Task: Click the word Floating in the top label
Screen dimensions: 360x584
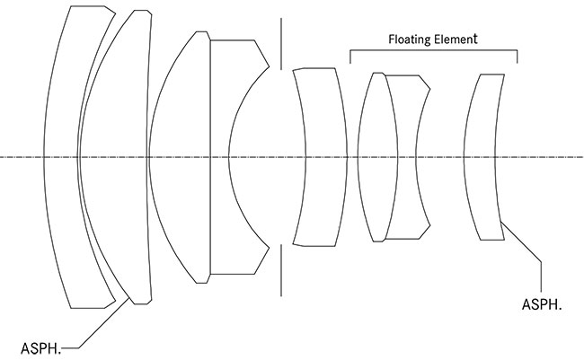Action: [x=410, y=40]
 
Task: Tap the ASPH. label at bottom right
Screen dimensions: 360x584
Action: [x=542, y=305]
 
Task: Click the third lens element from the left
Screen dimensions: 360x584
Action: [x=180, y=157]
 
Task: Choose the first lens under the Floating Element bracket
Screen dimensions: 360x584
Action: [x=372, y=157]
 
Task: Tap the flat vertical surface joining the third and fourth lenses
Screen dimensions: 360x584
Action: [x=209, y=157]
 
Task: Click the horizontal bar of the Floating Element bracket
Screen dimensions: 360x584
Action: [x=434, y=51]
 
